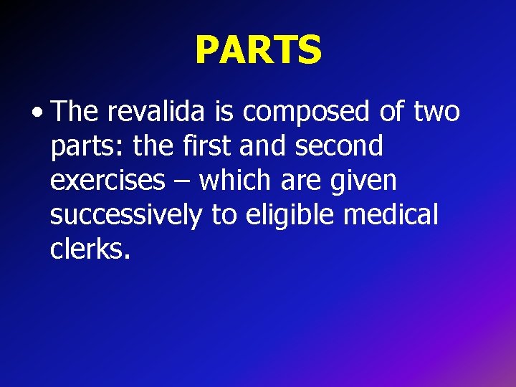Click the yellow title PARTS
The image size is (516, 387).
point(258,49)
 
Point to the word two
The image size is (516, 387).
point(436,113)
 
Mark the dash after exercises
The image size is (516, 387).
point(182,182)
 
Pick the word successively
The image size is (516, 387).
point(126,214)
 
